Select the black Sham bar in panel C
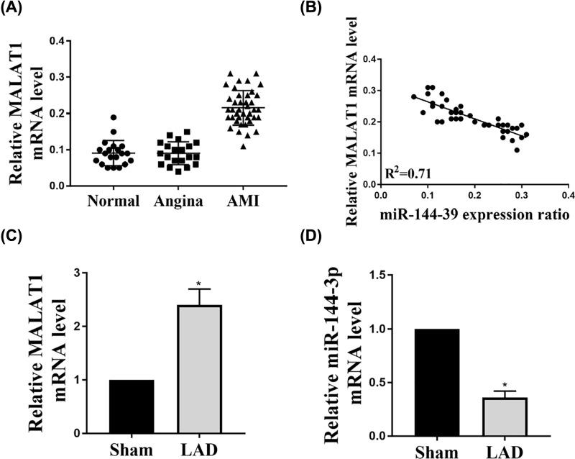(x=132, y=406)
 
